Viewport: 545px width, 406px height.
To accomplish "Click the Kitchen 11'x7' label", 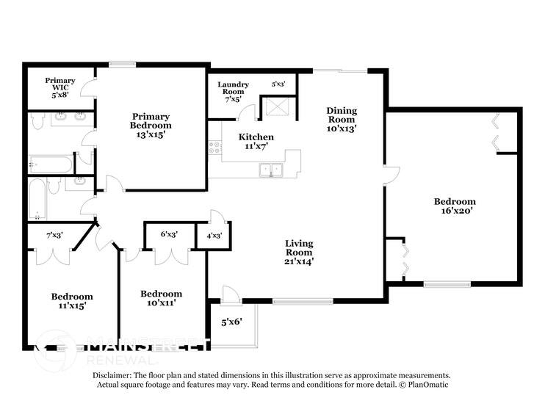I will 256,142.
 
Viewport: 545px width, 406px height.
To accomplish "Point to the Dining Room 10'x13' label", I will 342,119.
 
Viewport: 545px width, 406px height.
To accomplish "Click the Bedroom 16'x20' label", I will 454,206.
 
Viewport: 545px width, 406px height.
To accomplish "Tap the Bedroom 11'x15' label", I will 71,302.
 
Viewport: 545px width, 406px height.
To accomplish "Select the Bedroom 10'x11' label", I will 161,297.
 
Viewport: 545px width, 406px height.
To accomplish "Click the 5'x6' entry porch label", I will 231,321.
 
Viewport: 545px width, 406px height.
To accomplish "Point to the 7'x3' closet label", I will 54,236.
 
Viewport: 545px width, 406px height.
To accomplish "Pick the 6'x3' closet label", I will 169,235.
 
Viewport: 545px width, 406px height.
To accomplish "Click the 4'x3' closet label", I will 214,236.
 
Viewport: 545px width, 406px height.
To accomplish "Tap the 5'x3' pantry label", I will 279,84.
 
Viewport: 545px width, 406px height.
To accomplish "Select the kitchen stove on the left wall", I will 215,147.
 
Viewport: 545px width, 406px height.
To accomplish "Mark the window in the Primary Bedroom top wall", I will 122,64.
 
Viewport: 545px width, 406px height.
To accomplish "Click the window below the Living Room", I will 292,300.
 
